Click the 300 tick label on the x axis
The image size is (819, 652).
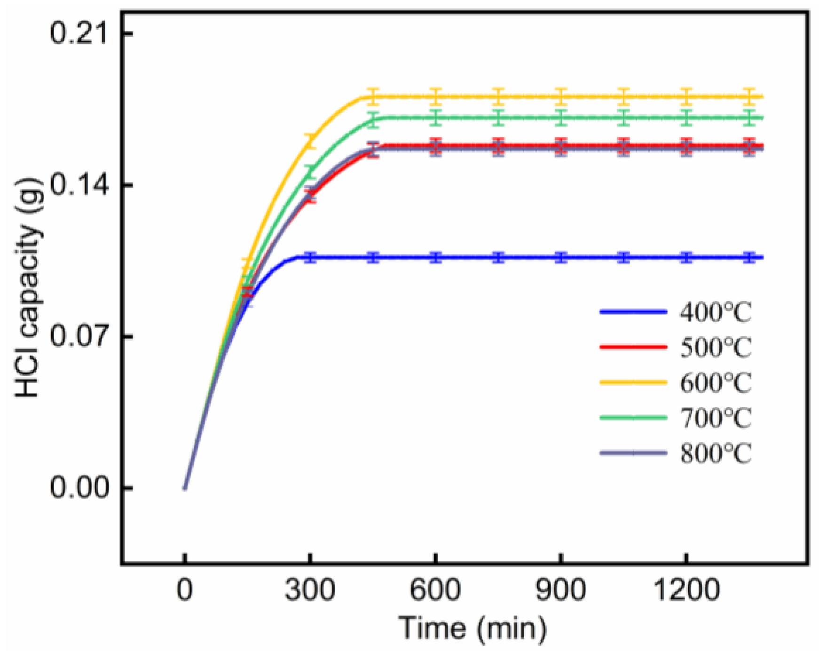pos(310,589)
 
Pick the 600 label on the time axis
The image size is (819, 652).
pos(435,589)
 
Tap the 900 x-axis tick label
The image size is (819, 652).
pos(560,589)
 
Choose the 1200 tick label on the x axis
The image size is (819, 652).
pos(686,589)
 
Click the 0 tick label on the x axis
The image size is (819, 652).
pos(185,589)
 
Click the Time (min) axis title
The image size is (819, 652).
pos(472,628)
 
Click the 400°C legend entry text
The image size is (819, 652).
pos(716,312)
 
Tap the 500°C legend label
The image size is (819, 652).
pos(716,348)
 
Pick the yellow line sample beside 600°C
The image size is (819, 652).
pos(633,382)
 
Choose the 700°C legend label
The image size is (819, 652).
pos(716,418)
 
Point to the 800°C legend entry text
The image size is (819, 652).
pos(716,453)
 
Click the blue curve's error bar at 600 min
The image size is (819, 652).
pos(436,257)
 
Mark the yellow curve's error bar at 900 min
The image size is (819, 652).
pos(561,96)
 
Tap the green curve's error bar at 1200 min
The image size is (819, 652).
pos(686,118)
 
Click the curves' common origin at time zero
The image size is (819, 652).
pos(185,488)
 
